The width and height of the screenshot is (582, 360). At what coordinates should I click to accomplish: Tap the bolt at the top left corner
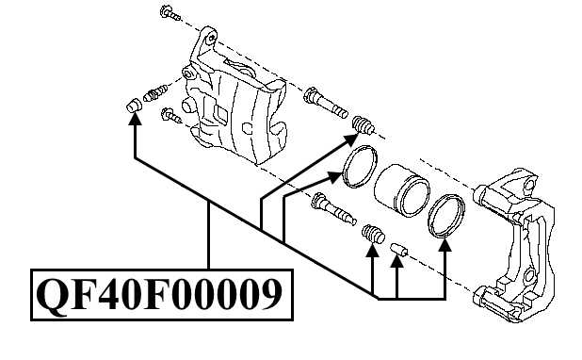[x=168, y=13]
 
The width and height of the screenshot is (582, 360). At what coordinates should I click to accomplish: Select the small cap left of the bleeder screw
[x=133, y=106]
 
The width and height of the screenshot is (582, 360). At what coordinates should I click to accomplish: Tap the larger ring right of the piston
[x=446, y=216]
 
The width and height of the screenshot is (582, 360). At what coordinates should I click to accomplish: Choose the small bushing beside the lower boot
[x=396, y=249]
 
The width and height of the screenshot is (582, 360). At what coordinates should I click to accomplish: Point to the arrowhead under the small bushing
[x=397, y=264]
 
